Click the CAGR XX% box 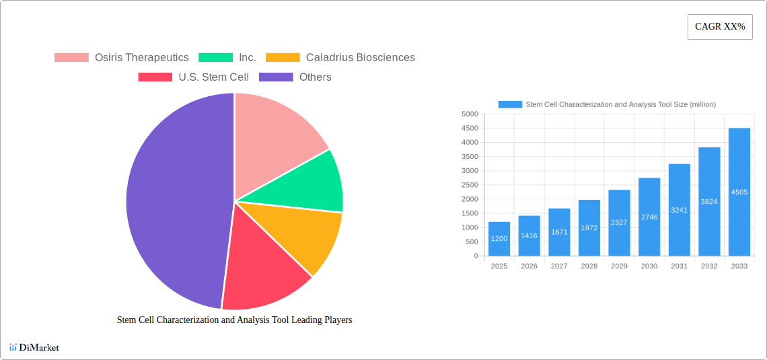click(720, 27)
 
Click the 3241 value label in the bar click(680, 210)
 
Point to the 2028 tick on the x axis click(589, 266)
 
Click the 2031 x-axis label click(680, 266)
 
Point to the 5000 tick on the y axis click(470, 114)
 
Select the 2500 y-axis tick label click(470, 185)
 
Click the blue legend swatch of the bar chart click(510, 104)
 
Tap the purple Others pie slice click(175, 202)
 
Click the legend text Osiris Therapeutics click(141, 58)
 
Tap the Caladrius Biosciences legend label click(360, 58)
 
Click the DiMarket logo click(34, 347)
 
